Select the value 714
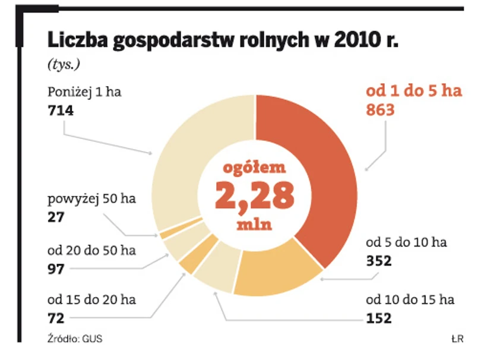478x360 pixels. [61, 110]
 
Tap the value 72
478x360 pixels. [57, 318]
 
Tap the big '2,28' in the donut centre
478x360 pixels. [255, 195]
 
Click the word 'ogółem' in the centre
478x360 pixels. [254, 168]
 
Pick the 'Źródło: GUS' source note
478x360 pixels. [70, 339]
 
